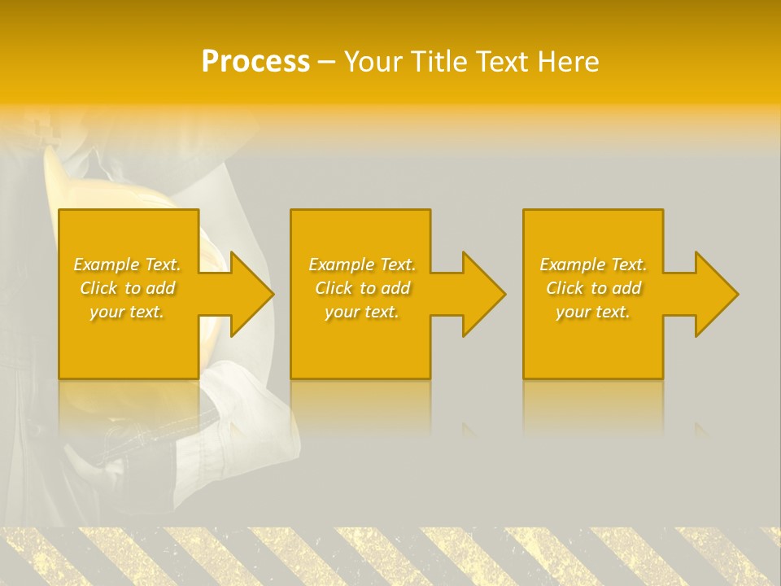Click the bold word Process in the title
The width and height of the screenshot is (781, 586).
tap(255, 61)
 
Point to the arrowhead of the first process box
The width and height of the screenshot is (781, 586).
tap(251, 294)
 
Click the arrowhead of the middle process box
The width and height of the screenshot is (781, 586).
tap(483, 294)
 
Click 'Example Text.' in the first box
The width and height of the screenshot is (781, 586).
tap(127, 265)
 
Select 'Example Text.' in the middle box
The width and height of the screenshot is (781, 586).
tap(361, 265)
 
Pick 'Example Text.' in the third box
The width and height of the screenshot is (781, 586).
tap(593, 265)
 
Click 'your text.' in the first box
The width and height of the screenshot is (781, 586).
tap(127, 312)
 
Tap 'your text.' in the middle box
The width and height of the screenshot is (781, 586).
tap(361, 312)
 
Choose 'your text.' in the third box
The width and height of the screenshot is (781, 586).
tap(593, 312)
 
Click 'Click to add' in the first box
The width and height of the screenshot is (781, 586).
tap(127, 288)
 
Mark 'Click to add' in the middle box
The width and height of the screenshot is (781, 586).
tap(361, 288)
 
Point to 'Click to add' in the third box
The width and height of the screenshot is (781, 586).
tap(593, 288)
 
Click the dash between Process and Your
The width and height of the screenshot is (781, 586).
tap(327, 62)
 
